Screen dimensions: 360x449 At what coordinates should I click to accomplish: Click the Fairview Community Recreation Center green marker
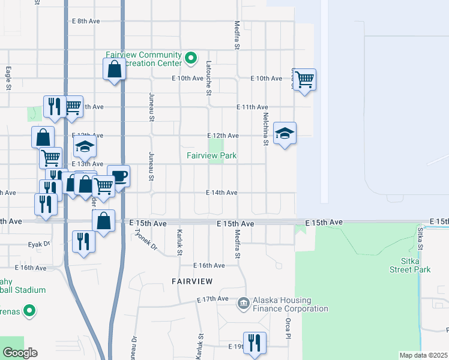click(x=191, y=58)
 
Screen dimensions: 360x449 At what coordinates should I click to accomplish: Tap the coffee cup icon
click(x=119, y=176)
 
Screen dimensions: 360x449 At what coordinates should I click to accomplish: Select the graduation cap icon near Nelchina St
click(x=285, y=133)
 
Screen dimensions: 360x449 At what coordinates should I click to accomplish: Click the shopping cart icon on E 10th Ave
click(x=305, y=79)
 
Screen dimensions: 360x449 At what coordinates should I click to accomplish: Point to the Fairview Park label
click(x=211, y=156)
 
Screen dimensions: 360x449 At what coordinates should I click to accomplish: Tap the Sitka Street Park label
click(x=416, y=266)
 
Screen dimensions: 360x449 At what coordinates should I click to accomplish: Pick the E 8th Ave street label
click(x=85, y=21)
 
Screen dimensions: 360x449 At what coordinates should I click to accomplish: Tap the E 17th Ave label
click(x=212, y=299)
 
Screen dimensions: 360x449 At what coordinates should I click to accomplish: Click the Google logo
click(x=20, y=353)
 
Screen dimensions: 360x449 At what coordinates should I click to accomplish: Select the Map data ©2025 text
click(x=423, y=355)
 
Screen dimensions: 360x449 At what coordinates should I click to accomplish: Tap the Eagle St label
click(x=8, y=78)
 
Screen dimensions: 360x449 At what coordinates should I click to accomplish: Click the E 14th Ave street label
click(x=221, y=193)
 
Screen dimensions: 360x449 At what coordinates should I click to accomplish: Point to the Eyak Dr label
click(x=39, y=245)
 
